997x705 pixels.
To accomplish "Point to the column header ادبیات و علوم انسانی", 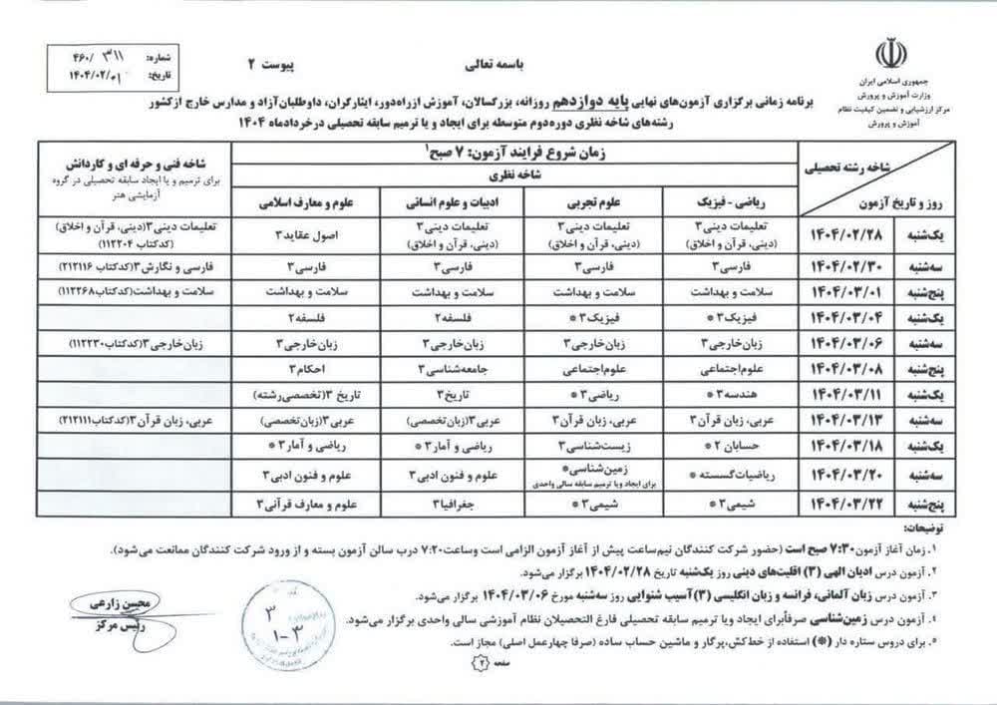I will click(x=438, y=200).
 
